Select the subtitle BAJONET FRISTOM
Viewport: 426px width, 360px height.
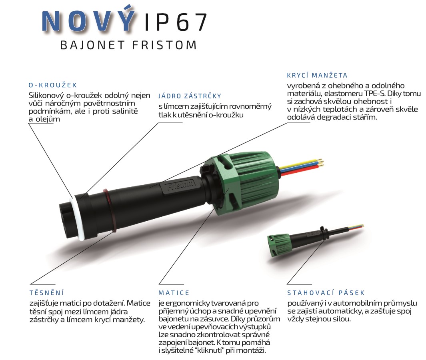(128, 45)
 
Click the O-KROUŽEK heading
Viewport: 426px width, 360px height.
(52, 85)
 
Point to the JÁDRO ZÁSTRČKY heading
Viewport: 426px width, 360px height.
(190, 96)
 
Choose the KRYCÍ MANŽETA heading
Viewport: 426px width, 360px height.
(317, 75)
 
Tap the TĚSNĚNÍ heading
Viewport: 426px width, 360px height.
(46, 293)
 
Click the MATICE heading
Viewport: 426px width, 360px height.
(174, 293)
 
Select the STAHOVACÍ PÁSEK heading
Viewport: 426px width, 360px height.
(326, 293)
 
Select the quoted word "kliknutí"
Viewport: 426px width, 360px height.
(205, 350)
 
